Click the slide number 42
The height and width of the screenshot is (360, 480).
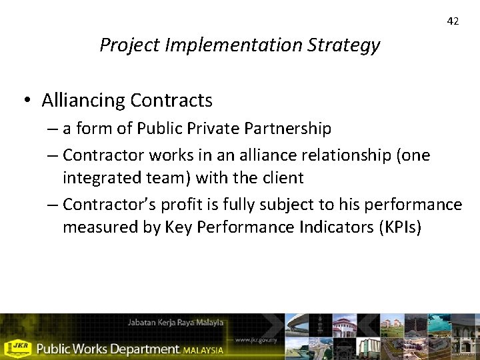(x=453, y=21)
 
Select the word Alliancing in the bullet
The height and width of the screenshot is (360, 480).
(x=83, y=101)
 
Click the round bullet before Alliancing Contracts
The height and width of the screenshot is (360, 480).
(x=27, y=100)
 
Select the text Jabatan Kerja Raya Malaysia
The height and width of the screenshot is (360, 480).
(x=176, y=323)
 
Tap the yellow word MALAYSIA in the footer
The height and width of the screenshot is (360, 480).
(x=205, y=349)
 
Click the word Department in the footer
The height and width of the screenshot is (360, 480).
(x=143, y=349)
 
